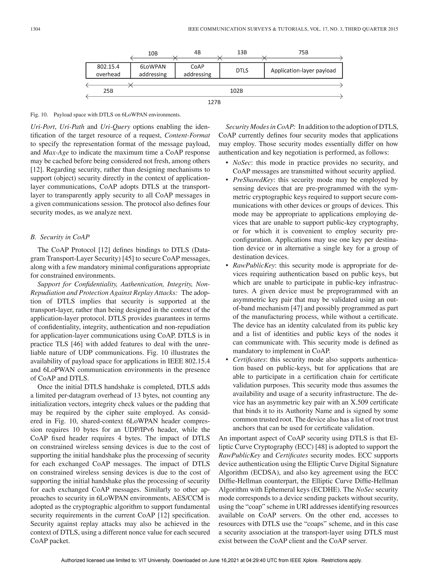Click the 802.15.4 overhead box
point(108,71)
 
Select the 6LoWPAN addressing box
point(153,71)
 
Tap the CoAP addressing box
point(197,71)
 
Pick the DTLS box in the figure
point(242,71)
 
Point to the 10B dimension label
point(153,53)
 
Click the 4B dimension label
point(197,52)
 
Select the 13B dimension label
point(242,52)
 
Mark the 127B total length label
point(214,102)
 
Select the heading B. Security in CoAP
point(60,237)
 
